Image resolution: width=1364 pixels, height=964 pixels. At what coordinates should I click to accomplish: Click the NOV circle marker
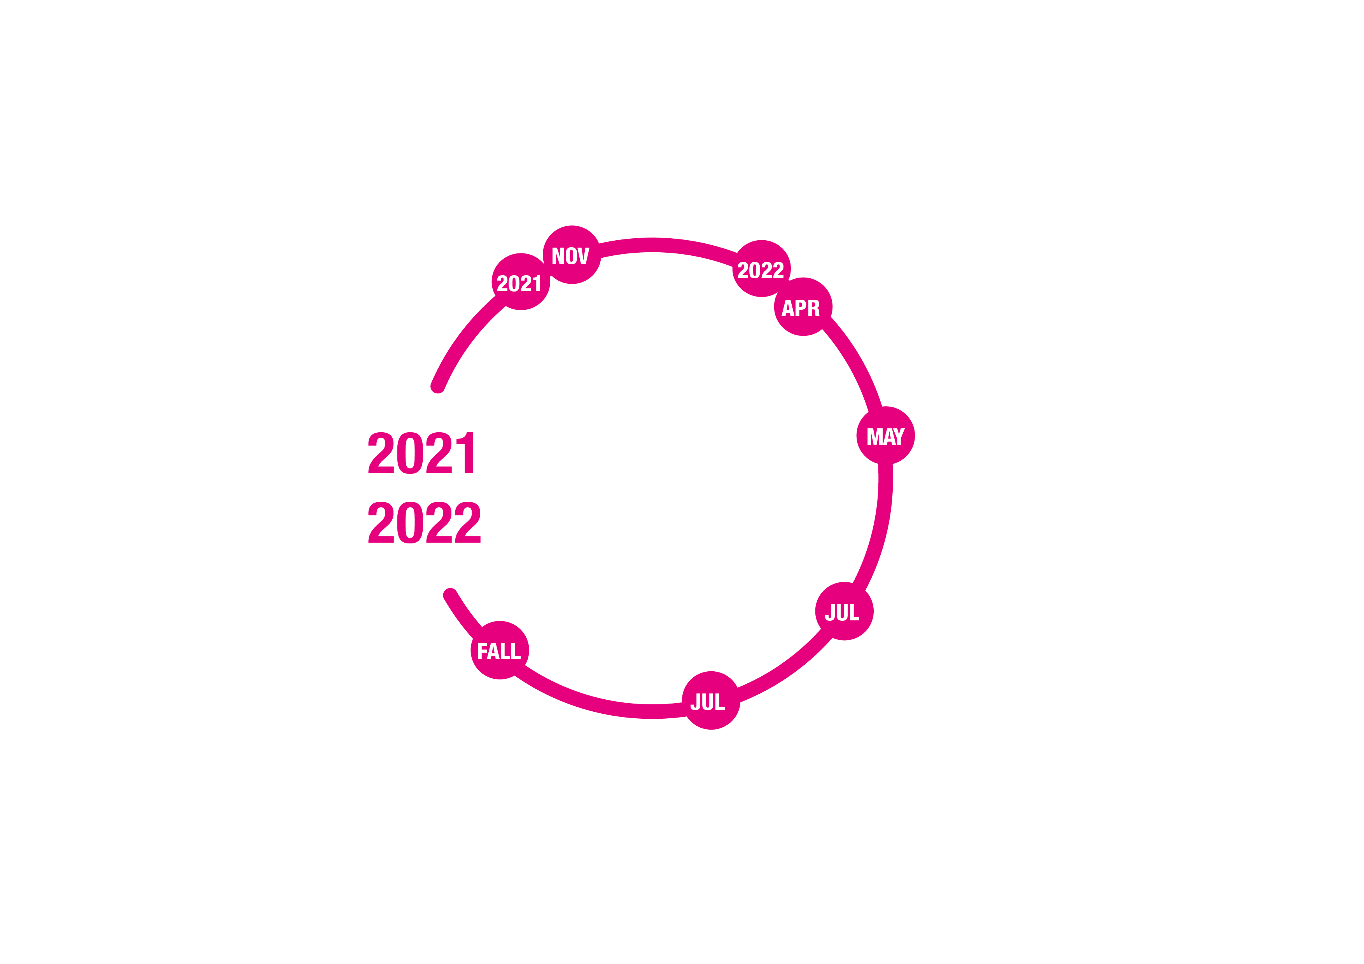click(572, 255)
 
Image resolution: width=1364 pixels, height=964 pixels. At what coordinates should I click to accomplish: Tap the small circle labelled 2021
click(520, 281)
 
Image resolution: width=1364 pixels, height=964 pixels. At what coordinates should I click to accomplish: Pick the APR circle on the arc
click(803, 306)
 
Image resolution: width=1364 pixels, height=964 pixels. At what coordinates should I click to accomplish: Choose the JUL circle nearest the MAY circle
click(844, 611)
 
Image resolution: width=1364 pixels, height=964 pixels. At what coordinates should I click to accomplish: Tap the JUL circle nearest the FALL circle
click(711, 700)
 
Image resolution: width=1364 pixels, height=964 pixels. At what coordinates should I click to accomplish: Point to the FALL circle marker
click(500, 650)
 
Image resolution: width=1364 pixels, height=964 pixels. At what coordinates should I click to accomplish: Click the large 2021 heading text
click(421, 452)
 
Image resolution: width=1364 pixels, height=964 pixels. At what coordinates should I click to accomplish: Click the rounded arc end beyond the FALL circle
click(450, 594)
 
